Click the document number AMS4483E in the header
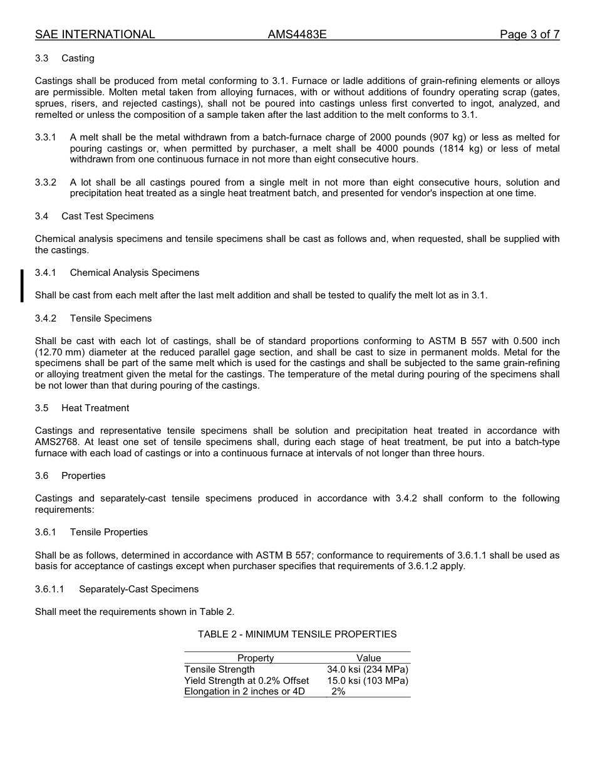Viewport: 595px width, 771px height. click(x=297, y=34)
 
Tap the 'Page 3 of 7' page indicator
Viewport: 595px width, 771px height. click(x=529, y=34)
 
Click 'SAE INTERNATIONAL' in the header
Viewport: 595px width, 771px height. click(x=95, y=34)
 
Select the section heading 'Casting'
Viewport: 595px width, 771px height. click(x=78, y=58)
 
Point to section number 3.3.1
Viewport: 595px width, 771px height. click(x=46, y=137)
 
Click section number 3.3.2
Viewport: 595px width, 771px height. click(x=46, y=182)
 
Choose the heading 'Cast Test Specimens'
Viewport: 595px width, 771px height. click(x=107, y=216)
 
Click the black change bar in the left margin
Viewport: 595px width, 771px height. click(x=22, y=285)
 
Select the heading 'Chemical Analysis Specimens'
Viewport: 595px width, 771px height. click(x=134, y=273)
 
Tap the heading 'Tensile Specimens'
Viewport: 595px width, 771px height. click(x=110, y=318)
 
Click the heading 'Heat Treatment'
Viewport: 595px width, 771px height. click(x=95, y=408)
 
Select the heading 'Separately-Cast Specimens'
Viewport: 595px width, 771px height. click(x=138, y=589)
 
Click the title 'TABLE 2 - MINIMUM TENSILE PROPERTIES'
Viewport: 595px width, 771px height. click(x=297, y=634)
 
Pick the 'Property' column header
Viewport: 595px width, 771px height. click(x=256, y=658)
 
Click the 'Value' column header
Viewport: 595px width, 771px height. click(x=368, y=658)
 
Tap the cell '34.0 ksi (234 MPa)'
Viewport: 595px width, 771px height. click(x=368, y=669)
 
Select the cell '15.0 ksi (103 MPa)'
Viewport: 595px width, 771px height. click(x=368, y=681)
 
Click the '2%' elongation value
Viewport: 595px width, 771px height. click(x=338, y=691)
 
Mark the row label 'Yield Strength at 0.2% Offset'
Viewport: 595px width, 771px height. click(x=246, y=681)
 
